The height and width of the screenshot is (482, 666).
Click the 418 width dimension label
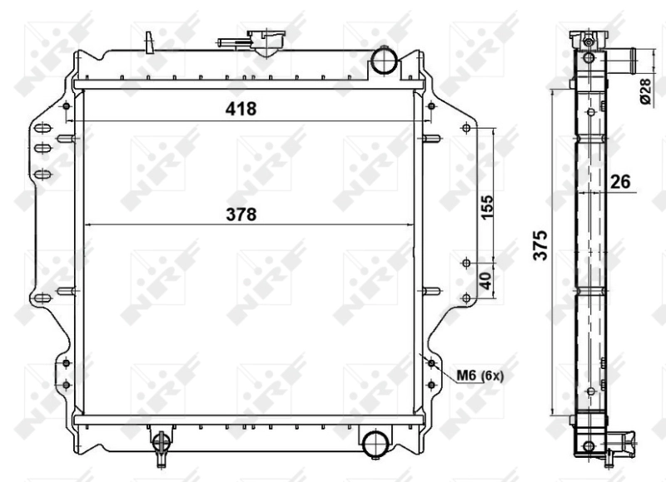point(239,110)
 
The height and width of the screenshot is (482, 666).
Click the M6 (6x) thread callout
point(480,376)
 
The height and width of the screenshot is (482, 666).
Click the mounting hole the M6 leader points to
point(430,362)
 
